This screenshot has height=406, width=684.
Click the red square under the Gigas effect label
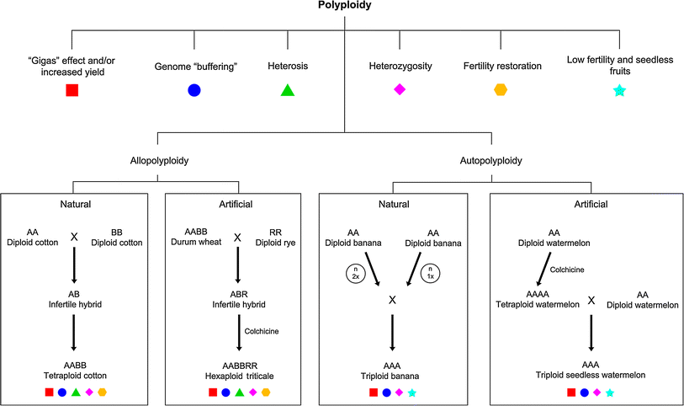pyautogui.click(x=72, y=90)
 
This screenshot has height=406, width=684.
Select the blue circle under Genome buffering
pyautogui.click(x=194, y=90)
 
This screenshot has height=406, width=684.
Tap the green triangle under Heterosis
pyautogui.click(x=287, y=90)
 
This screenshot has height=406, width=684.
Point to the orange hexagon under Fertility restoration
pyautogui.click(x=501, y=90)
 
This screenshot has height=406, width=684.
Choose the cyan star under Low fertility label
pyautogui.click(x=619, y=90)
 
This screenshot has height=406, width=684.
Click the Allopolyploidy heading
pyautogui.click(x=159, y=159)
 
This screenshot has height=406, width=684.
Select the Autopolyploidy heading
pyautogui.click(x=491, y=159)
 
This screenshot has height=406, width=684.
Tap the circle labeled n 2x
pyautogui.click(x=354, y=272)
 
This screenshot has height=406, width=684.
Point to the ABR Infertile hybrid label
pyautogui.click(x=238, y=296)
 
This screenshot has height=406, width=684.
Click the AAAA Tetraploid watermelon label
pyautogui.click(x=538, y=298)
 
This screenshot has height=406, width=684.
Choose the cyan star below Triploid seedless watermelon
pyautogui.click(x=609, y=393)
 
